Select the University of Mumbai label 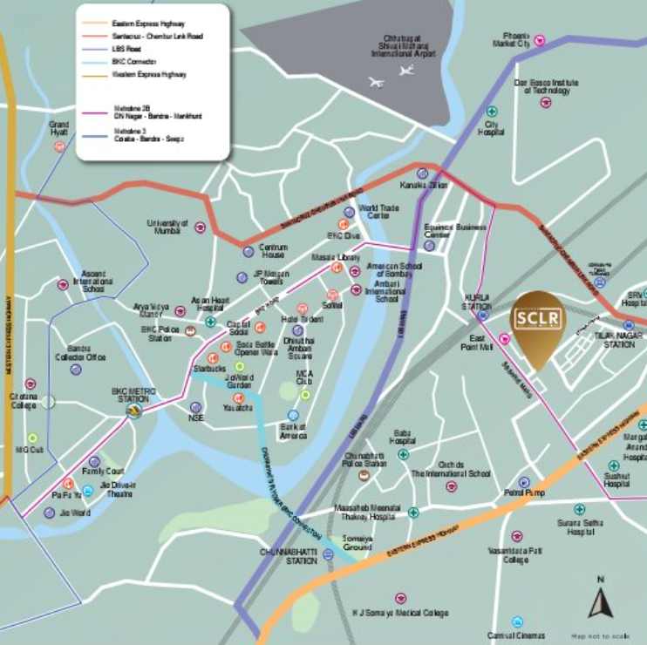(x=167, y=227)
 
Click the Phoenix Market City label (x=511, y=38)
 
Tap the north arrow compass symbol (x=600, y=604)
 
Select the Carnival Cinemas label (x=516, y=635)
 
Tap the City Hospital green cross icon (x=492, y=112)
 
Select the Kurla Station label (x=477, y=301)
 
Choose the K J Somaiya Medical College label (x=400, y=613)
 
